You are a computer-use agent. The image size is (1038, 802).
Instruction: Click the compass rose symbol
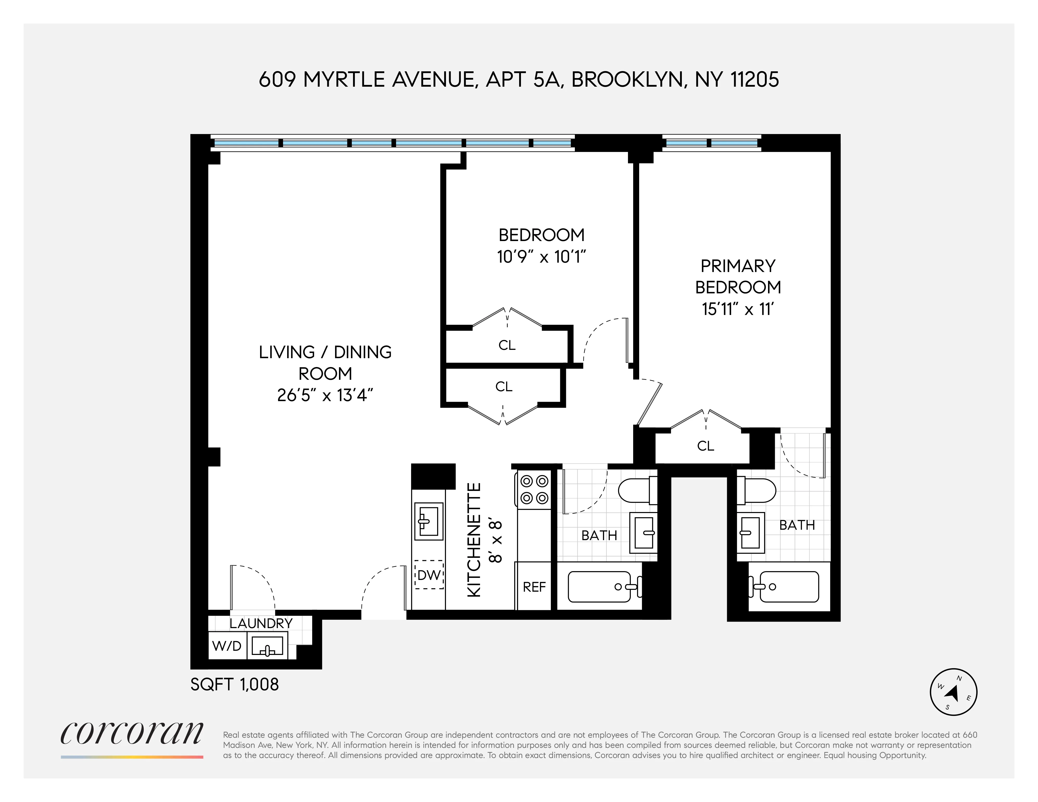pos(953,692)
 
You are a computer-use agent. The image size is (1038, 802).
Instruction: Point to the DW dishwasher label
pos(429,575)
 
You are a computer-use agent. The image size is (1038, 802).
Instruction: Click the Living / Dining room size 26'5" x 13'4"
pos(325,395)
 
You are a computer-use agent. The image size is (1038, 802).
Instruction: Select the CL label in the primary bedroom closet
pos(705,446)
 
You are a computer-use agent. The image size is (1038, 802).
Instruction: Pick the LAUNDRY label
pos(261,623)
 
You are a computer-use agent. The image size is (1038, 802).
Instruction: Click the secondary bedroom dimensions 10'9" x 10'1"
pos(541,257)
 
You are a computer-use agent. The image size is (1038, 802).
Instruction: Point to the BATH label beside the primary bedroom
pos(797,525)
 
